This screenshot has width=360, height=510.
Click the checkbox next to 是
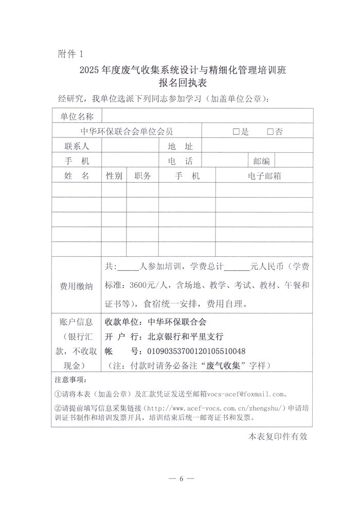[x=236, y=132]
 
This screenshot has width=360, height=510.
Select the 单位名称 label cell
[x=77, y=117]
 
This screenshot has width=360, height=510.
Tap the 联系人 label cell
[x=77, y=146]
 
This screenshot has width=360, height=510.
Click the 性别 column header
[x=114, y=176]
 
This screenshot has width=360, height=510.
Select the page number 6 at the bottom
[x=181, y=479]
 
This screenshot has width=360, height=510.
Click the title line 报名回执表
[x=182, y=83]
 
